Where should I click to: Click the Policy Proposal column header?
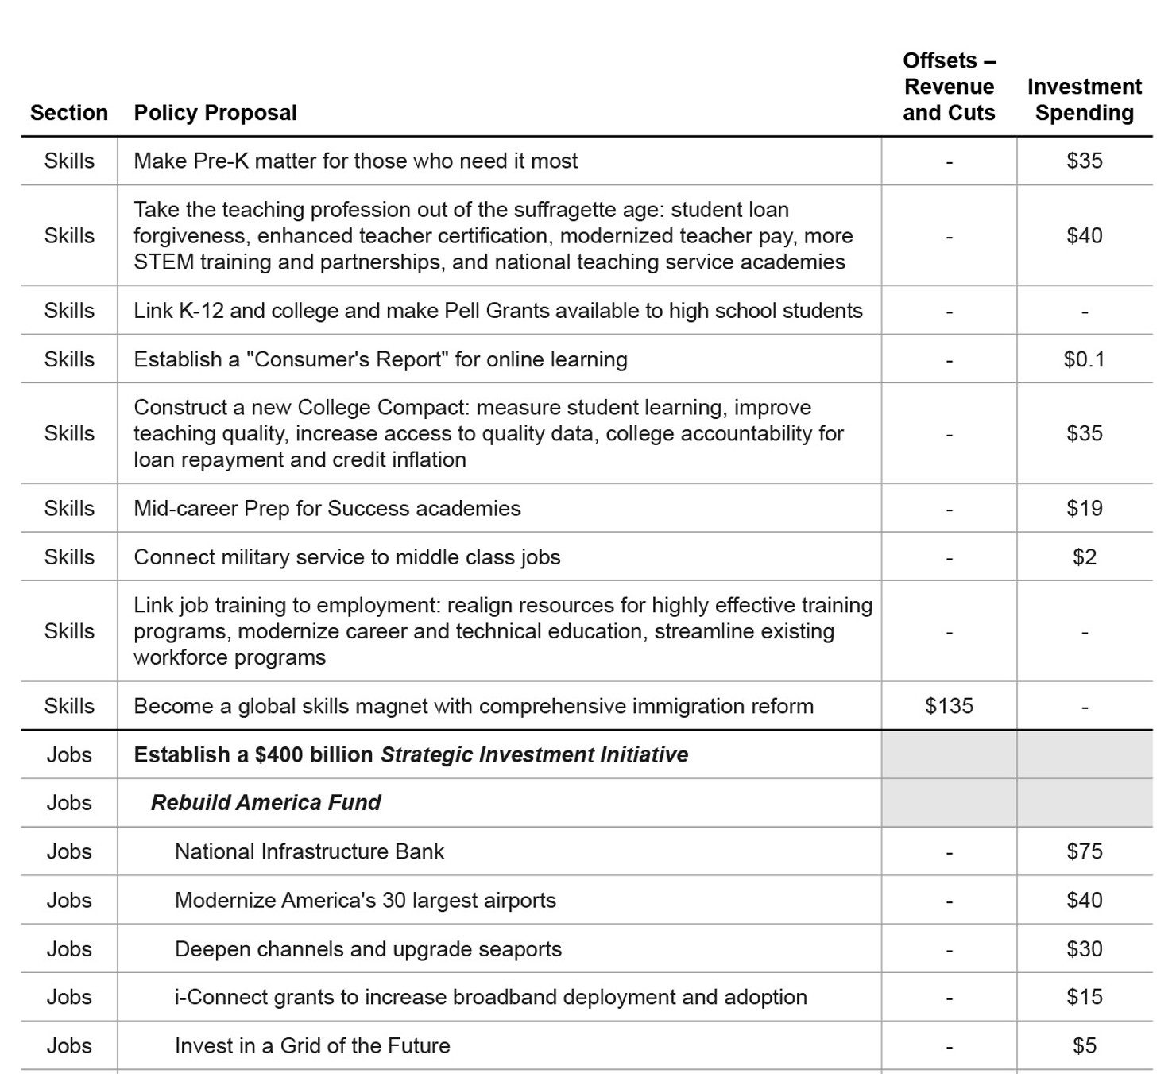(215, 113)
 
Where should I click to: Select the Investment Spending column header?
(1084, 99)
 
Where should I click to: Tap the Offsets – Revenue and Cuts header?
(949, 87)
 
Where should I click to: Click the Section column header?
(69, 113)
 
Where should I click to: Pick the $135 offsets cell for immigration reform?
(949, 706)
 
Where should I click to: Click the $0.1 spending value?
(1084, 359)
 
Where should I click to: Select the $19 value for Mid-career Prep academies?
(1084, 508)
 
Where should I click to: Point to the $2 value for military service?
(1084, 556)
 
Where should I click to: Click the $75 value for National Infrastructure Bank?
(1084, 851)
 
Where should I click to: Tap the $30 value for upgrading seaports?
(1084, 948)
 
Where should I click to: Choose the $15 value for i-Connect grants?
(1084, 997)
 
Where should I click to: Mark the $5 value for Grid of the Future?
(1084, 1045)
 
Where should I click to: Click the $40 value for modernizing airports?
(1084, 900)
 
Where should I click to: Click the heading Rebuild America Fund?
(266, 803)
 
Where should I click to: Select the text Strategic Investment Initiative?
(534, 754)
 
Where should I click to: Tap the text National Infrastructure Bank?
(309, 851)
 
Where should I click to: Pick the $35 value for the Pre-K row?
(1084, 161)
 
